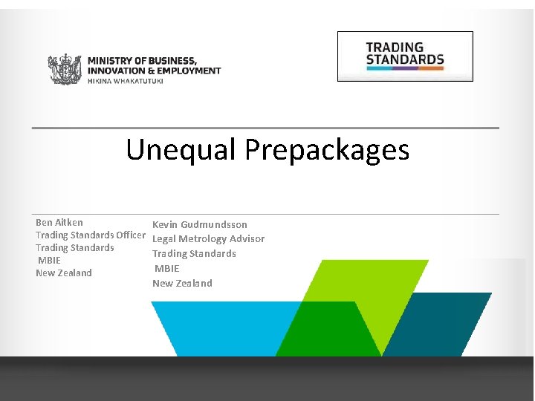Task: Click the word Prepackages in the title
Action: point(327,150)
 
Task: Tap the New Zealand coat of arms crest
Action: point(65,69)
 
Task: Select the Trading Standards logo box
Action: point(405,56)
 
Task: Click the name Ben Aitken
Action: point(59,222)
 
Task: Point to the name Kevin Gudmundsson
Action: point(200,224)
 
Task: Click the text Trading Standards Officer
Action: point(91,235)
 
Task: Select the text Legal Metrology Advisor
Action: point(208,238)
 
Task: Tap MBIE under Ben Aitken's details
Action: point(50,260)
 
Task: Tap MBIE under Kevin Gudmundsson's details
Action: point(167,268)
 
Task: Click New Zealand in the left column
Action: point(64,273)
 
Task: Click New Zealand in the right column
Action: point(182,283)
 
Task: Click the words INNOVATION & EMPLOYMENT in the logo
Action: point(154,71)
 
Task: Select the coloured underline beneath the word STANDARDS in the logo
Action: point(405,69)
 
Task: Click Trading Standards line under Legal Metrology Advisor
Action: point(194,253)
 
